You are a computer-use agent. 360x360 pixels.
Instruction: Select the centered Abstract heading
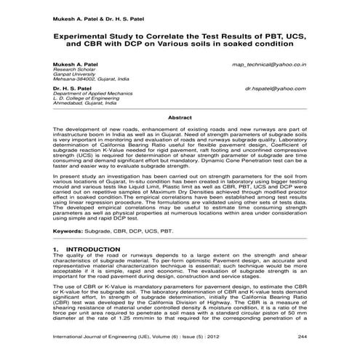point(180,117)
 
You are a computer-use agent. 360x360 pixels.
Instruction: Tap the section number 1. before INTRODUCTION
point(56,249)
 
